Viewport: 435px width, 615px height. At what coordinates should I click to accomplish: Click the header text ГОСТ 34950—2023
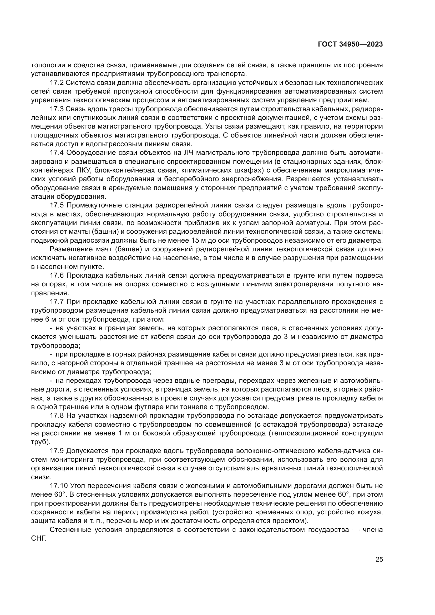(350, 44)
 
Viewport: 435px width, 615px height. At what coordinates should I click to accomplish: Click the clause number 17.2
(57, 83)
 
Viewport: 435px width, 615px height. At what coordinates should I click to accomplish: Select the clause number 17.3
(57, 109)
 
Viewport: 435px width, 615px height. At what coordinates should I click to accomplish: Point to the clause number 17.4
(57, 153)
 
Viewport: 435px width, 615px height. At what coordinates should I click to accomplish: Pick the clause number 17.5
(57, 205)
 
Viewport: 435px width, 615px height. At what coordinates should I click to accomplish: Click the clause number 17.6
(57, 275)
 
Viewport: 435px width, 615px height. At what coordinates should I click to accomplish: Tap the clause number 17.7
(57, 302)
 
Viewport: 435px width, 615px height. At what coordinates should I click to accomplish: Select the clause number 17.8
(57, 416)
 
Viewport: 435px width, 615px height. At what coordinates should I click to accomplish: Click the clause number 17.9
(57, 451)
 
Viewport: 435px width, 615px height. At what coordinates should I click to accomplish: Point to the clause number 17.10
(58, 486)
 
